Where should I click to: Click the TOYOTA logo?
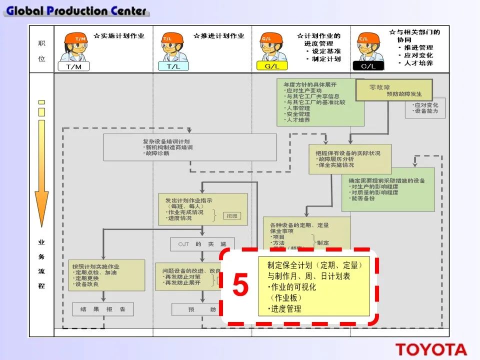click(431, 349)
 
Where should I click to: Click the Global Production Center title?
click(76, 10)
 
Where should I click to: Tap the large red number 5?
click(240, 286)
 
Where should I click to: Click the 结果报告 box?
click(103, 309)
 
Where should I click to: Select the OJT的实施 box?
click(202, 243)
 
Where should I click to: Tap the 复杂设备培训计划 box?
click(190, 147)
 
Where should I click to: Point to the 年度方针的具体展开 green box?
click(320, 102)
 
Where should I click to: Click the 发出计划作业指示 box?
click(202, 208)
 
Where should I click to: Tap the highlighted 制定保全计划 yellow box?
click(314, 286)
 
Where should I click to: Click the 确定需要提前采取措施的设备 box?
click(388, 189)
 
